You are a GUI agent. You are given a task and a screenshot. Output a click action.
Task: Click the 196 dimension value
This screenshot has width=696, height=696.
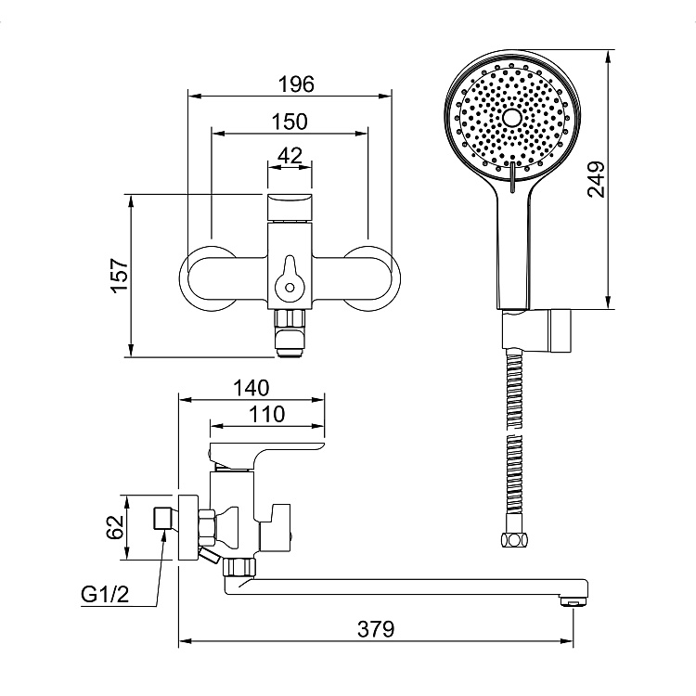(x=296, y=84)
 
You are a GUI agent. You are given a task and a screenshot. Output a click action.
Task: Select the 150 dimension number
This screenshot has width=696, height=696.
(x=290, y=122)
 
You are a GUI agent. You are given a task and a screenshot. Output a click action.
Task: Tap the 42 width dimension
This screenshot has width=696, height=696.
(x=290, y=155)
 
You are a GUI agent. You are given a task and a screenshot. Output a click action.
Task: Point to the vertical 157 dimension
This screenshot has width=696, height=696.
(x=120, y=276)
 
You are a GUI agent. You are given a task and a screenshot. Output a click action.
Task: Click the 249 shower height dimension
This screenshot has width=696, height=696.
(x=596, y=179)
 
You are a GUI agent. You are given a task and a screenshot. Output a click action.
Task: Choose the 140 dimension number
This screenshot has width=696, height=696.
(x=251, y=388)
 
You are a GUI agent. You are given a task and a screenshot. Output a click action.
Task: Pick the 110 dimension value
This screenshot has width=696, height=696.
(x=266, y=415)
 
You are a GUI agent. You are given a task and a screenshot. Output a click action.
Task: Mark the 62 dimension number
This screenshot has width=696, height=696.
(x=115, y=527)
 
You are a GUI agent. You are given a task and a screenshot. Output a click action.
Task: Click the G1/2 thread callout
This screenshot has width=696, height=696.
(x=105, y=594)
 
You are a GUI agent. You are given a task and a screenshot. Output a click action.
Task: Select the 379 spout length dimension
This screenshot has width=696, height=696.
(x=376, y=629)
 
